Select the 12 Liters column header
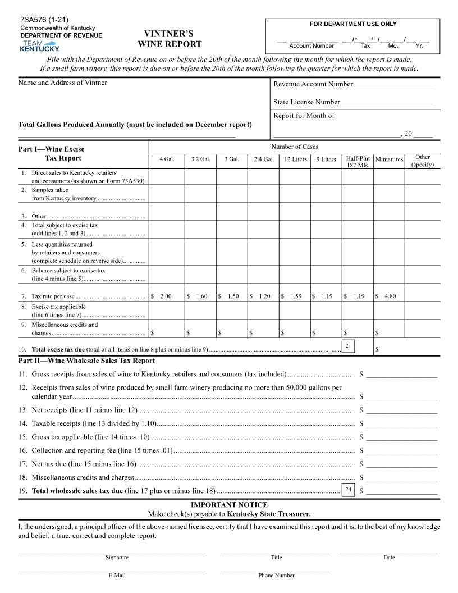(x=295, y=159)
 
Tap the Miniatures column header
(x=389, y=159)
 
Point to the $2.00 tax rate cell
(x=163, y=296)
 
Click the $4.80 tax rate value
(x=387, y=296)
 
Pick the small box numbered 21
(x=348, y=346)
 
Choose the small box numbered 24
(x=348, y=490)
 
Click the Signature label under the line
(x=117, y=558)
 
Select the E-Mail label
(x=117, y=576)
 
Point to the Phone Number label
(x=276, y=576)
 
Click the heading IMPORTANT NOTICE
(x=229, y=505)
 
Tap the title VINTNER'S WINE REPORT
(x=169, y=39)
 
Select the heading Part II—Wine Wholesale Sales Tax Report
(x=87, y=361)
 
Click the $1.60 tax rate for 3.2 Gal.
(x=199, y=296)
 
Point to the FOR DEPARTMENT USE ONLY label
(x=353, y=24)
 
